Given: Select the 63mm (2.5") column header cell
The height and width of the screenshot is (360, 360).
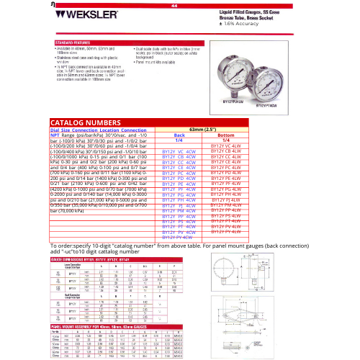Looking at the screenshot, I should [x=203, y=130].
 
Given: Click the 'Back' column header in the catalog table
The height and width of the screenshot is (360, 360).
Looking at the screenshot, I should [x=180, y=135].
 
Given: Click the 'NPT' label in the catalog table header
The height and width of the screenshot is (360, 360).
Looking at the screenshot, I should [x=55, y=135].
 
